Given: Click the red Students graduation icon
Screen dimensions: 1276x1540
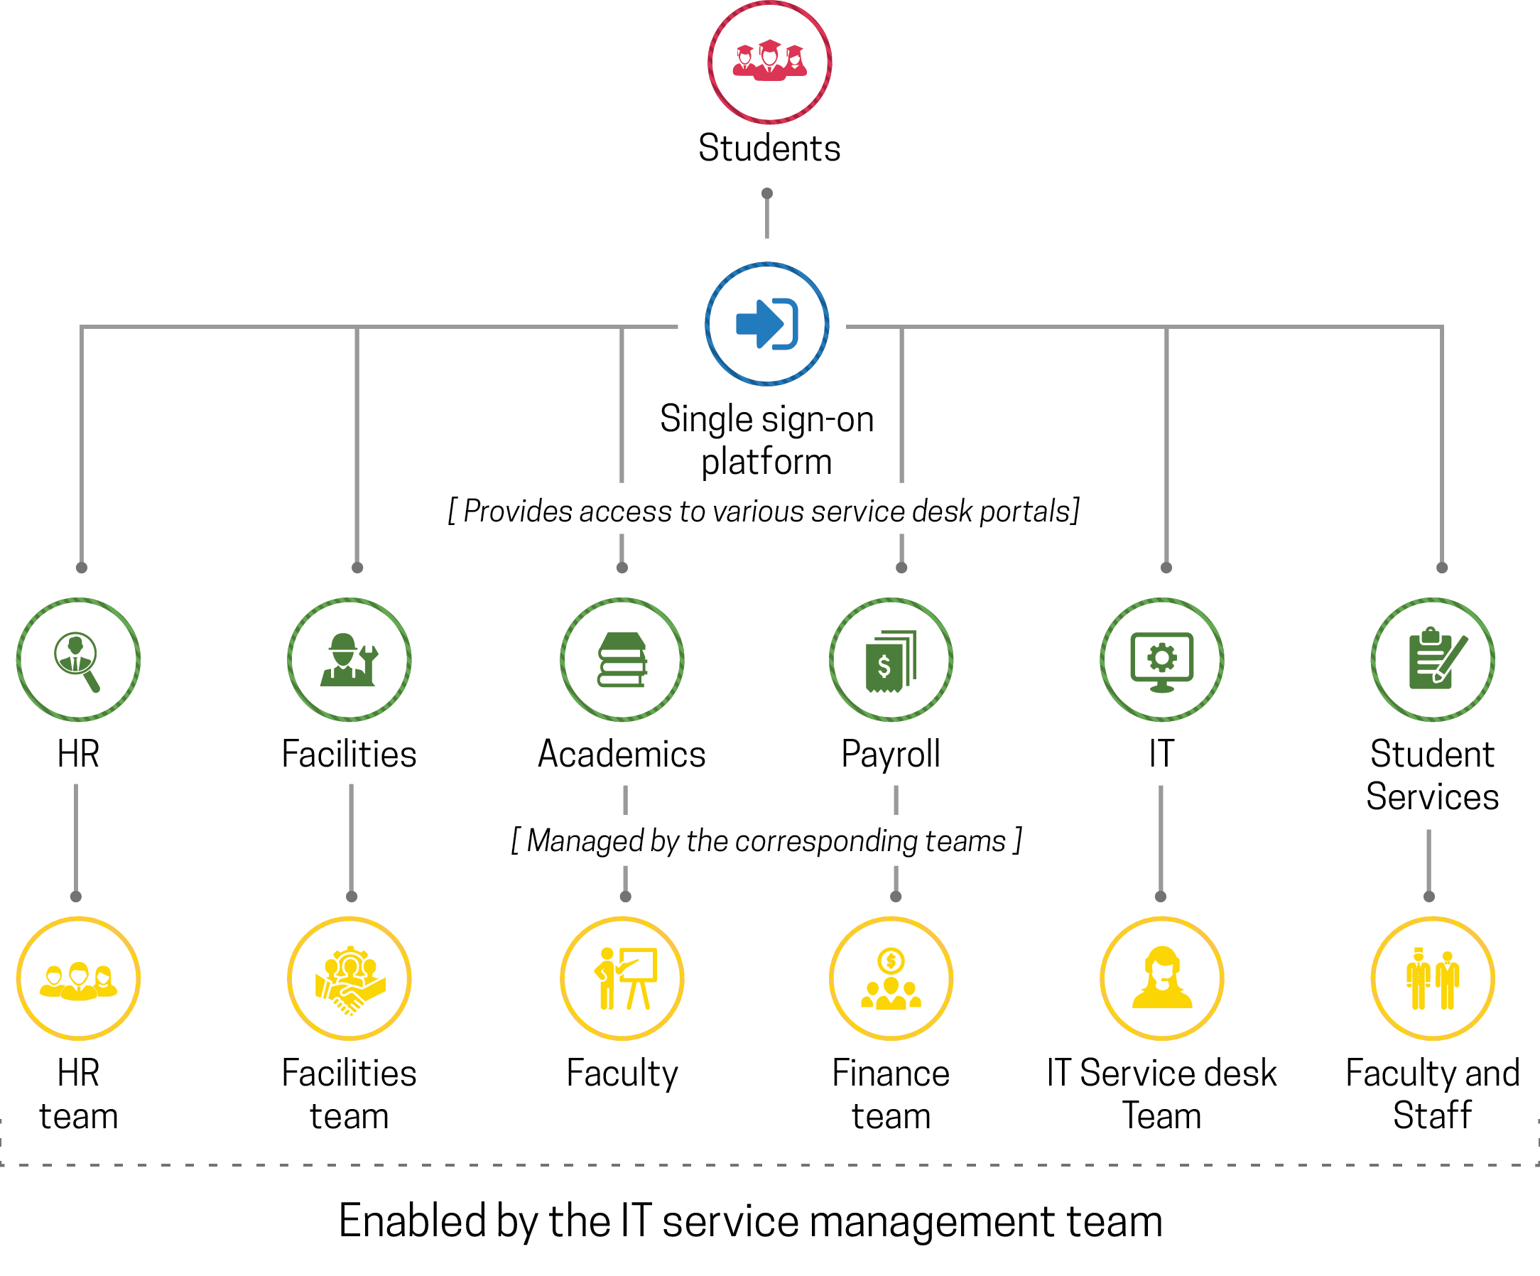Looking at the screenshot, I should (769, 62).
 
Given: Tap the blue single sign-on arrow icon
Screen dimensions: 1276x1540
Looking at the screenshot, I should (766, 323).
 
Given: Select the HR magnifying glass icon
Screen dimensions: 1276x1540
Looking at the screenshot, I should (77, 659).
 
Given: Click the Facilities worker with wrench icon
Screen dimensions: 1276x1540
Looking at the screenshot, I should (349, 659).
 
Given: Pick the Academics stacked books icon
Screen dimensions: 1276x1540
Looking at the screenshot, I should (622, 659).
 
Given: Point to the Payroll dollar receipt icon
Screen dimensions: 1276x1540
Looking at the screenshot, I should (891, 659).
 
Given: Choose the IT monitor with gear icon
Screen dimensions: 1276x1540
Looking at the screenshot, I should (1161, 659).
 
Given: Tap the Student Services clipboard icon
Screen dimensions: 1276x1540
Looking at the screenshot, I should (1433, 659).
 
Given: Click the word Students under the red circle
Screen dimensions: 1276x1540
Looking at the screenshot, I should (769, 148).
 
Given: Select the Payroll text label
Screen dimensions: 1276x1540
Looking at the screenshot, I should (891, 754).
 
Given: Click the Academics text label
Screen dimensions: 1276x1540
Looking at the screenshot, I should (622, 754).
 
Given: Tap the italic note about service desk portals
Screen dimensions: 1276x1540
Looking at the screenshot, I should (764, 511).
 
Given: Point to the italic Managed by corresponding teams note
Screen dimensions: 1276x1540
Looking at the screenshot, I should (766, 840).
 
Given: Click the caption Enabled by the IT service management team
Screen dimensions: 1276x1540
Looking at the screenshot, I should (750, 1221).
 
